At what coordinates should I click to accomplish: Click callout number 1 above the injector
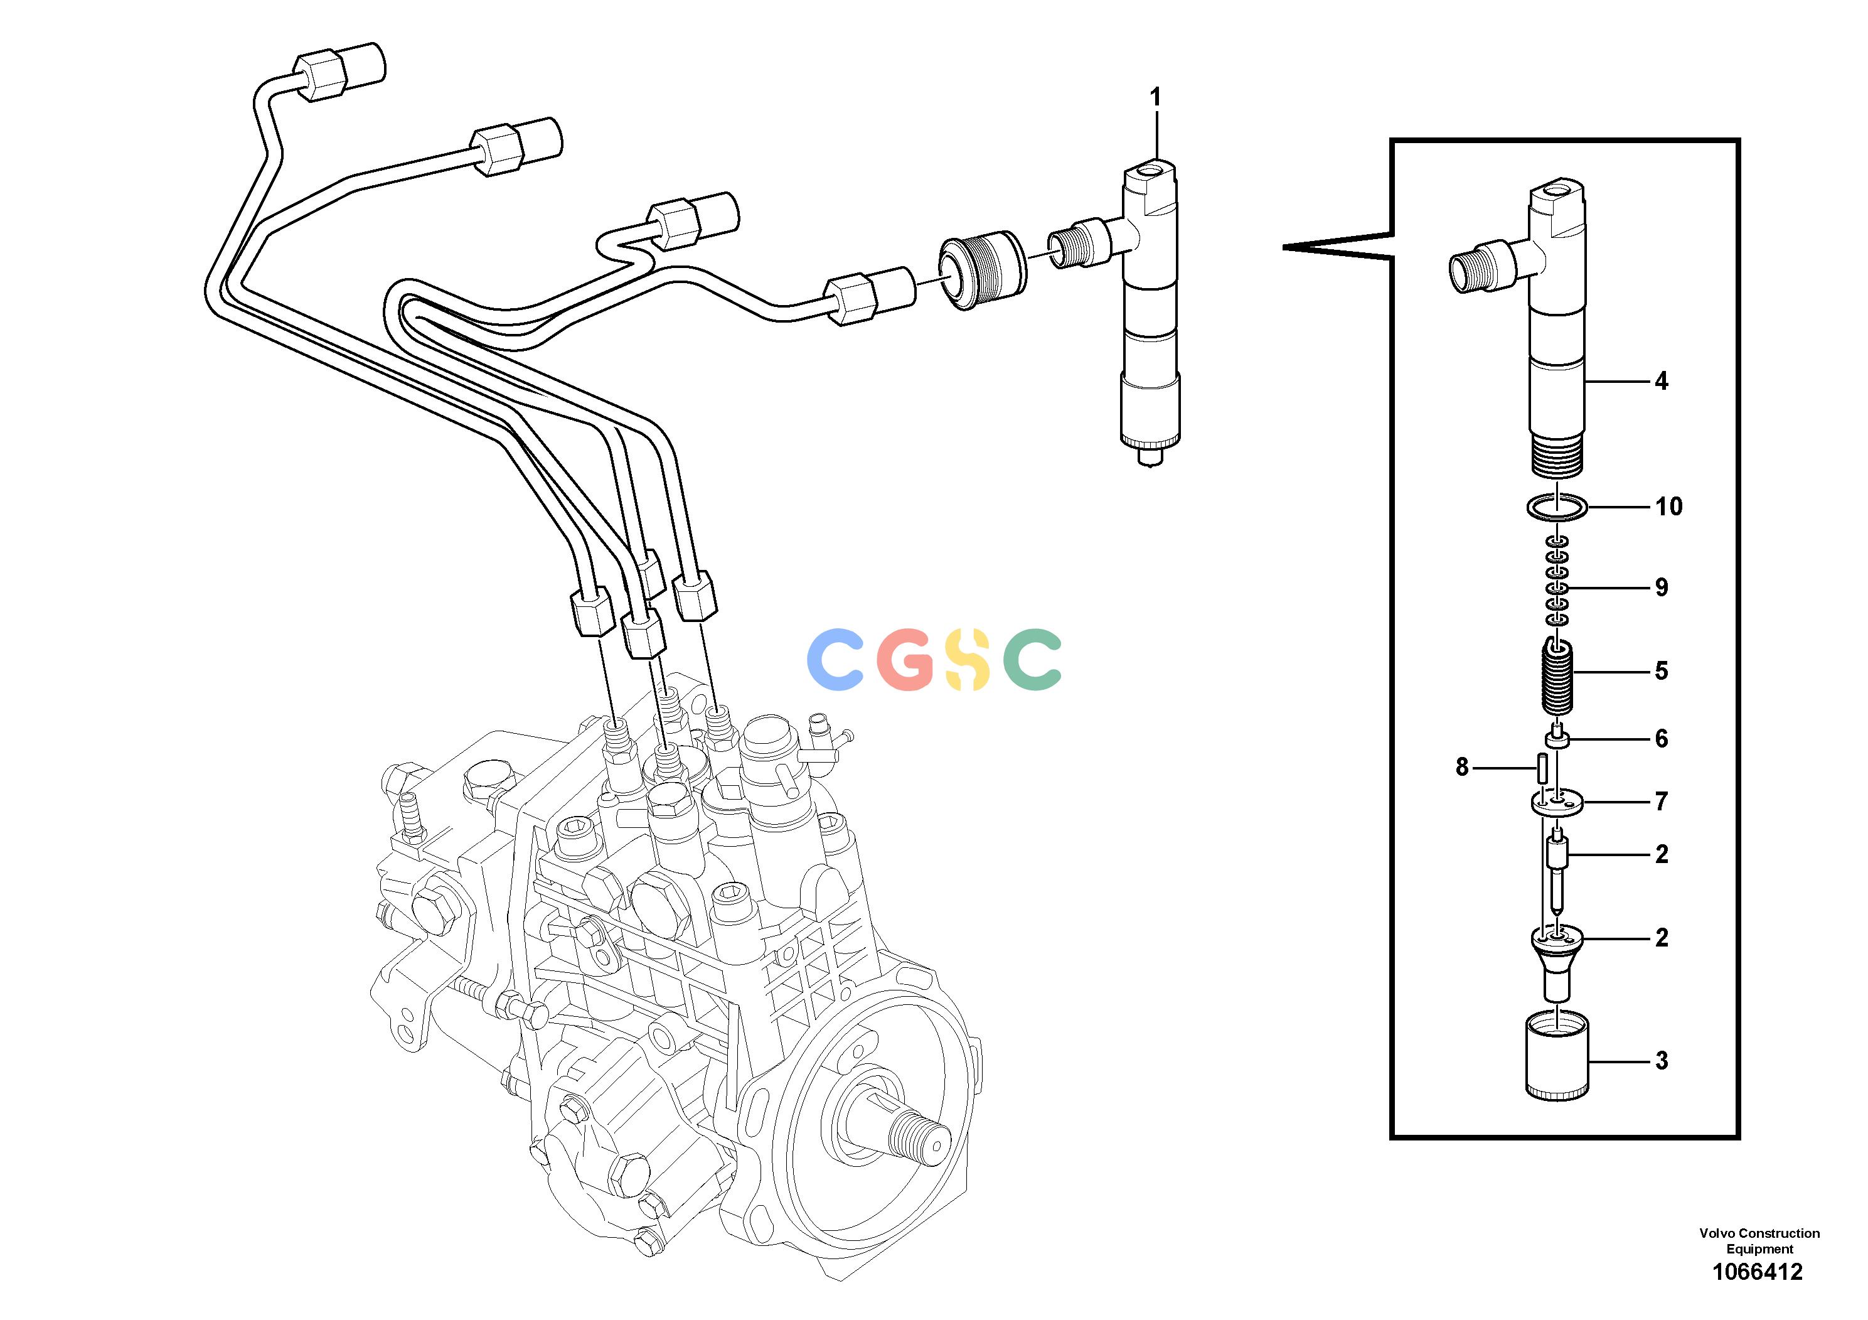tap(1155, 98)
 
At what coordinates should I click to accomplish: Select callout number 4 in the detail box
tap(1662, 381)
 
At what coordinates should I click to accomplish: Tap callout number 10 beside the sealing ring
tap(1668, 507)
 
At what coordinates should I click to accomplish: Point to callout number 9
tap(1662, 588)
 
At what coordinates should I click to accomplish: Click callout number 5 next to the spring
tap(1662, 672)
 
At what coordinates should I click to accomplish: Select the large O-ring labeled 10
tap(1556, 508)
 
